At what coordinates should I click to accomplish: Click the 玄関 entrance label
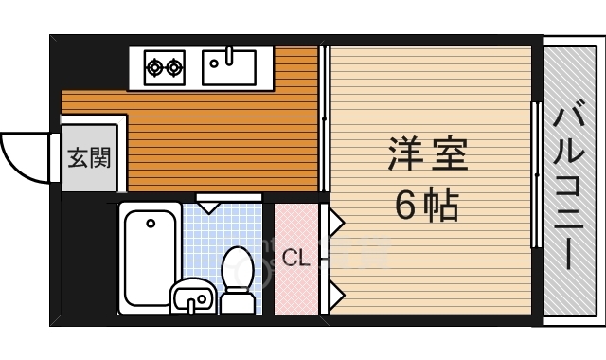(88, 156)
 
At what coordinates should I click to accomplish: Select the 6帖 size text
(426, 205)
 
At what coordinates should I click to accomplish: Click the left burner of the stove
(154, 66)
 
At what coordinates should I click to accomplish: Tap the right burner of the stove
(174, 66)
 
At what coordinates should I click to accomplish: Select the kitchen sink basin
(228, 66)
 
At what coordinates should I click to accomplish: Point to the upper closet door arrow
(335, 224)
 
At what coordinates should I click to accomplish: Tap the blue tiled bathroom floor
(204, 237)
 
